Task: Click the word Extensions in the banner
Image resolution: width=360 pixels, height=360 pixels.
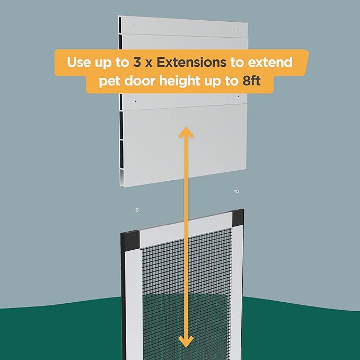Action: [x=191, y=62]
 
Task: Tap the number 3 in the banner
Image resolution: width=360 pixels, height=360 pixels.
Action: [x=137, y=62]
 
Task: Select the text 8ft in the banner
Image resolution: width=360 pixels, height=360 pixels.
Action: [x=251, y=81]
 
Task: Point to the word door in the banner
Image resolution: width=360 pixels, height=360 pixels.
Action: [x=140, y=81]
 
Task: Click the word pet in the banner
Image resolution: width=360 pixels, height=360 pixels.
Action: [x=109, y=82]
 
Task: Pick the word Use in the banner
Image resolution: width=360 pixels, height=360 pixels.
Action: [x=79, y=62]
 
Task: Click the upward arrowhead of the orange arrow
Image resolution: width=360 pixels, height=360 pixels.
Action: [x=186, y=133]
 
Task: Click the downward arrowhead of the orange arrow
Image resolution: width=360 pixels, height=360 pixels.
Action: [x=186, y=341]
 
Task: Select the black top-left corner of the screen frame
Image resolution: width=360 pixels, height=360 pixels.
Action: [x=130, y=241]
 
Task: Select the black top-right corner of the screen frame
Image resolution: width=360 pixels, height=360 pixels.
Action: [x=238, y=217]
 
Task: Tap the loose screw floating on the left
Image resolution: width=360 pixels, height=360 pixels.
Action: [x=137, y=209]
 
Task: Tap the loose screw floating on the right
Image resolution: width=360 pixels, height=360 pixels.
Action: [x=236, y=191]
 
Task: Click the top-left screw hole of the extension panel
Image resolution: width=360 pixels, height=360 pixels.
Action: [x=134, y=25]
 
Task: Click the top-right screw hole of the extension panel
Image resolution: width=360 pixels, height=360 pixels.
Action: [x=239, y=30]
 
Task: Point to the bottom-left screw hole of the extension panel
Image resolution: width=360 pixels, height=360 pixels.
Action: [x=136, y=177]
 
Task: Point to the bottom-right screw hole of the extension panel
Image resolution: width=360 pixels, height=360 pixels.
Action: [x=236, y=163]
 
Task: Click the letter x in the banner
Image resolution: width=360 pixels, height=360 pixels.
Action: [x=149, y=64]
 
